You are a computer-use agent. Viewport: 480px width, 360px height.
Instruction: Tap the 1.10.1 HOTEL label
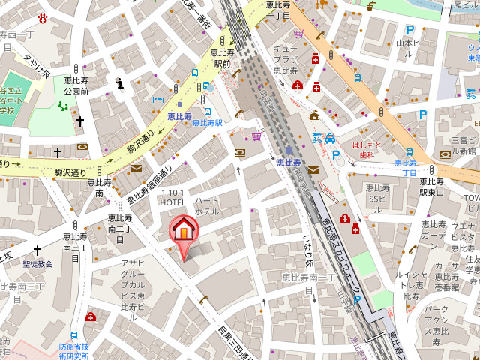point(172,197)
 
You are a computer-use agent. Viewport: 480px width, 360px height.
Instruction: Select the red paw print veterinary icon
point(43,18)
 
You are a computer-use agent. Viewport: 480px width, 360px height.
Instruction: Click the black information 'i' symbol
point(118,82)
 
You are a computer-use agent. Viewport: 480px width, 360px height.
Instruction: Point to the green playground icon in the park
point(63,106)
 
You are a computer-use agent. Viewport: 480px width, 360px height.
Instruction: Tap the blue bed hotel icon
point(157,100)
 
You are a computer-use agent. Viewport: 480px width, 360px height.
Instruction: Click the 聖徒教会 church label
point(37,264)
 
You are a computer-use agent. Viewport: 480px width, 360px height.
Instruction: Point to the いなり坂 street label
point(307,252)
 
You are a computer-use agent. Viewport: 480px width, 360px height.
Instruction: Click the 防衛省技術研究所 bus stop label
point(74,351)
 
